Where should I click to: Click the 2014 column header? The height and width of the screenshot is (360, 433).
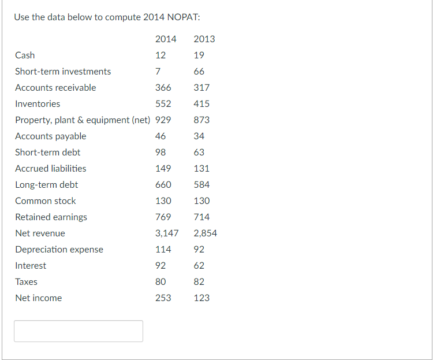pyautogui.click(x=166, y=39)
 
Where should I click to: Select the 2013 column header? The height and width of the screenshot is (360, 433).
pyautogui.click(x=204, y=39)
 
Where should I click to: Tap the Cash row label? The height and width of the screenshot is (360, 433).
pyautogui.click(x=25, y=55)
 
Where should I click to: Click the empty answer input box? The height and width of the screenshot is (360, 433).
pyautogui.click(x=79, y=331)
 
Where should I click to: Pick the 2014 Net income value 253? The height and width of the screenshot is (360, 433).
pyautogui.click(x=163, y=298)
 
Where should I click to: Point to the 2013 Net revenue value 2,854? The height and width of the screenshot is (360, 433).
pyautogui.click(x=206, y=233)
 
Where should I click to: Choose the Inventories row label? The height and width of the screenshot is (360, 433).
pyautogui.click(x=38, y=104)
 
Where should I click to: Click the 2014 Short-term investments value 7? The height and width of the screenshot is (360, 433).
pyautogui.click(x=158, y=72)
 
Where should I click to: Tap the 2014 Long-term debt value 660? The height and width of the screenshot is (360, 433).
pyautogui.click(x=163, y=185)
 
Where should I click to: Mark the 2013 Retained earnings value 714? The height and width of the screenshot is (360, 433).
pyautogui.click(x=201, y=217)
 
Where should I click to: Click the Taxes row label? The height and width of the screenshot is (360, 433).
pyautogui.click(x=26, y=282)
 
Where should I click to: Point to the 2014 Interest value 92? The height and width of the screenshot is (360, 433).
pyautogui.click(x=161, y=266)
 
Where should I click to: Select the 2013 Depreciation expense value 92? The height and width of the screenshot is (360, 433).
pyautogui.click(x=199, y=250)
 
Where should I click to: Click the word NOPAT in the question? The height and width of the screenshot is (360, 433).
pyautogui.click(x=182, y=17)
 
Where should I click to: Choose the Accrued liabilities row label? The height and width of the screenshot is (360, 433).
pyautogui.click(x=51, y=169)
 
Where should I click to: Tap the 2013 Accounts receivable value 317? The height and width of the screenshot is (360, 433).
pyautogui.click(x=201, y=88)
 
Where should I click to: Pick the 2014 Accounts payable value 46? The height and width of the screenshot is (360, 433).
pyautogui.click(x=161, y=136)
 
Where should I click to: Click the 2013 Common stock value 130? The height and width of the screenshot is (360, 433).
pyautogui.click(x=201, y=201)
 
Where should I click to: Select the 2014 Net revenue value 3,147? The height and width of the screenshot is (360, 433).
pyautogui.click(x=167, y=233)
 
